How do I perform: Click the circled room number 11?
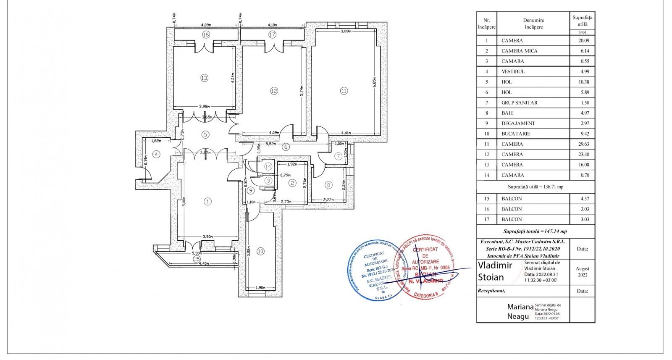[x=344, y=90]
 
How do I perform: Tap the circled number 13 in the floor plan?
[x=204, y=78]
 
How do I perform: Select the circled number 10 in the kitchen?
[x=260, y=251]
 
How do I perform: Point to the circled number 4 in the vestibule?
[x=156, y=154]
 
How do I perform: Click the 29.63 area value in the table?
[x=582, y=144]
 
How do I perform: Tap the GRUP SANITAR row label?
[x=519, y=102]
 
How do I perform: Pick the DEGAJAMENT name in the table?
[x=518, y=124]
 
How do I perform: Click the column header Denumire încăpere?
[x=533, y=24]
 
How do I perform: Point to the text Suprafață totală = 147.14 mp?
[x=535, y=231]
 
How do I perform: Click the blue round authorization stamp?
[x=373, y=270]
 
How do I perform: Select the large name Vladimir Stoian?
[x=495, y=271]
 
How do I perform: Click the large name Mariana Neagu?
[x=520, y=311]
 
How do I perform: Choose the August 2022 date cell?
[x=582, y=272]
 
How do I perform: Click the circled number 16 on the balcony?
[x=205, y=34]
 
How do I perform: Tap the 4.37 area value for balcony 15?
[x=582, y=198]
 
